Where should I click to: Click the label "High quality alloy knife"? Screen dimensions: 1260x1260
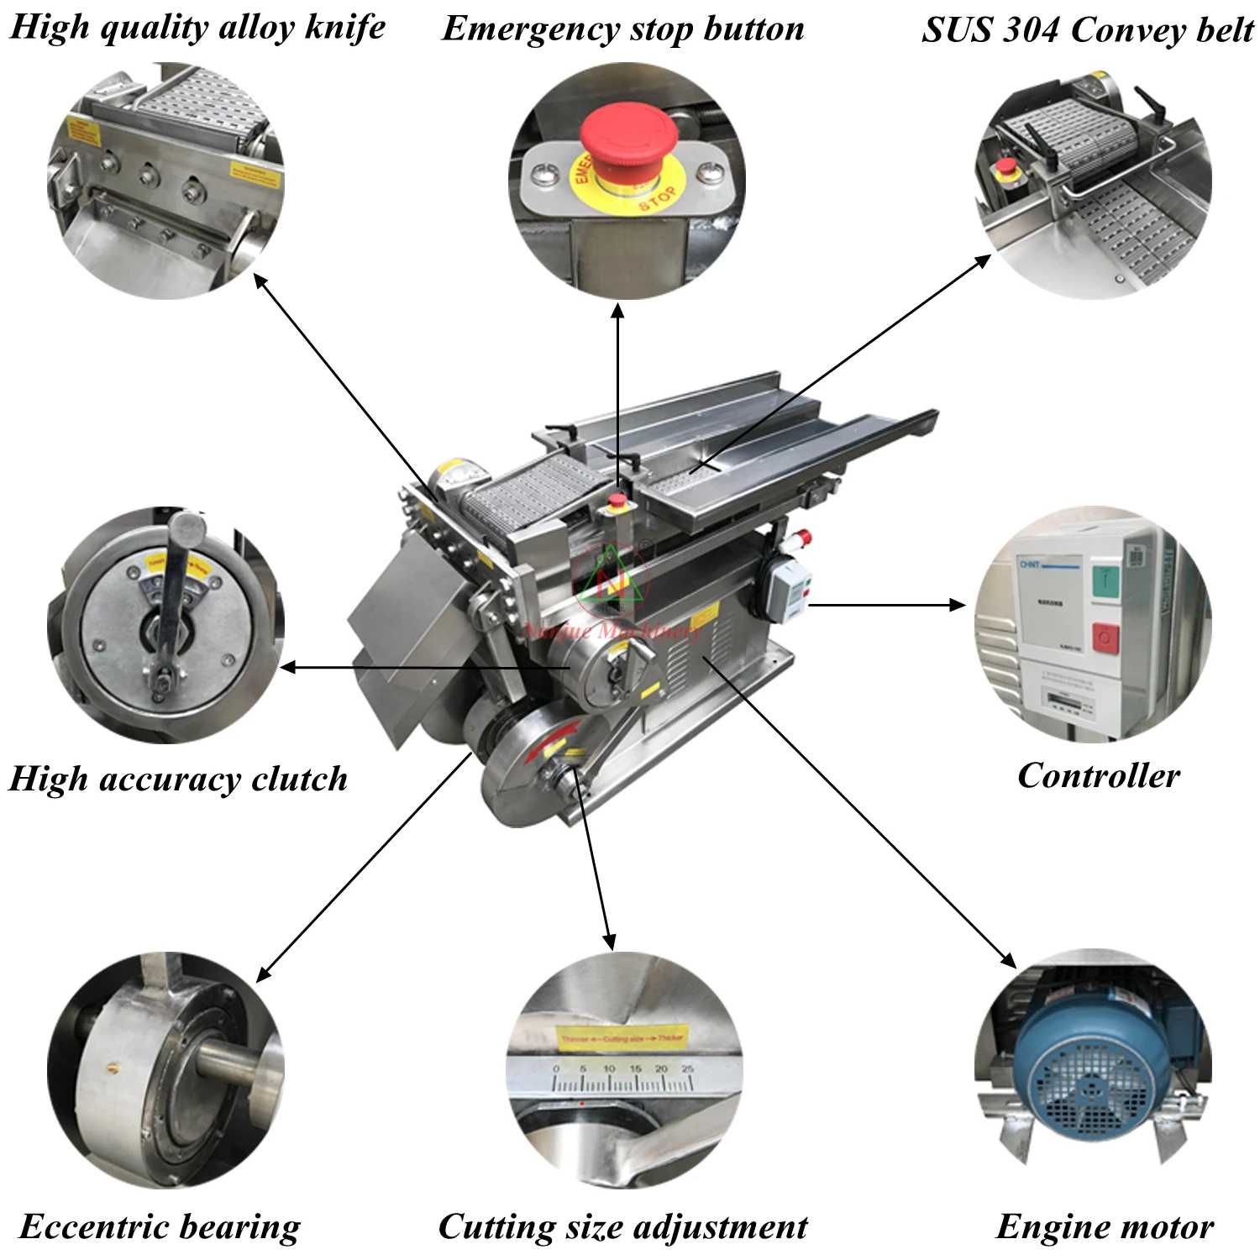197,27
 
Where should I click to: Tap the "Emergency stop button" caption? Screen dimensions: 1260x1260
622,29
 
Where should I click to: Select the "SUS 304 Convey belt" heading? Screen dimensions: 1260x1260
1087,30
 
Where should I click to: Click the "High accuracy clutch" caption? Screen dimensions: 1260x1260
178,779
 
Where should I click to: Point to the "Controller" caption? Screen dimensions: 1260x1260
1098,775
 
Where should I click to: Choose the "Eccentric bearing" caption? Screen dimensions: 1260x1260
160,1226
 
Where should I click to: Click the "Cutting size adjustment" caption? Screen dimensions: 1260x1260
622,1226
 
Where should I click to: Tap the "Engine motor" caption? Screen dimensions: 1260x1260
1105,1226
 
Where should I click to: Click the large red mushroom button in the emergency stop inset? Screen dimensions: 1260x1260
630,134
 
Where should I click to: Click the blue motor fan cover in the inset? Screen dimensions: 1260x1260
1092,1084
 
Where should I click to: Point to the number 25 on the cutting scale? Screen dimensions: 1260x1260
688,1069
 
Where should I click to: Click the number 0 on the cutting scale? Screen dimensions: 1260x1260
555,1069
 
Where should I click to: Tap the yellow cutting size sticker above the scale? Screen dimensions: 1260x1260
622,1038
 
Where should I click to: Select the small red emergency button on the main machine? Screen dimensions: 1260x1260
617,501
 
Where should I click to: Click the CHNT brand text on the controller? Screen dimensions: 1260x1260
1030,564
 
